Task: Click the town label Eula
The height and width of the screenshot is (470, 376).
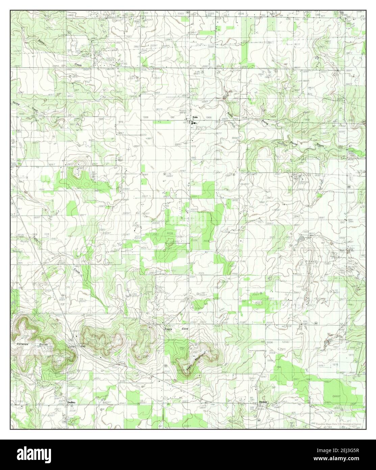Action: coord(195,117)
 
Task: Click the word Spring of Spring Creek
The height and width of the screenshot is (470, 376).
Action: coord(16,103)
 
